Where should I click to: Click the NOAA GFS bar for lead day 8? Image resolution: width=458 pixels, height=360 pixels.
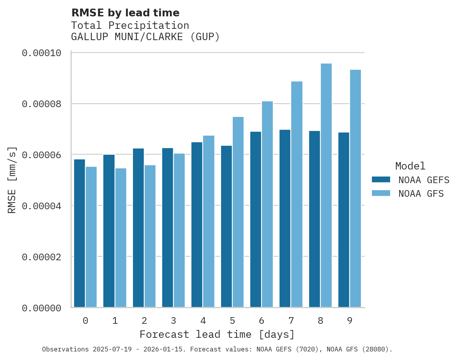pos(326,185)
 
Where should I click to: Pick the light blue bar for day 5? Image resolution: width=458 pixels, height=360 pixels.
pos(238,212)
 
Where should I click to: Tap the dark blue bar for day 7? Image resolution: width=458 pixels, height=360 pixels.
pos(285,218)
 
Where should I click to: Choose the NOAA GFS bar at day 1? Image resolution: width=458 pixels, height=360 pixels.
pos(120,238)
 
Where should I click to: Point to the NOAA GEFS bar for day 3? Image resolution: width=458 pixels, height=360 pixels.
pos(168,228)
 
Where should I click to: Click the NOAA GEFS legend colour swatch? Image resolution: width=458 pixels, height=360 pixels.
pos(381,179)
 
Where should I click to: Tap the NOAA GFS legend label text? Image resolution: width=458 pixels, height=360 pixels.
pos(421,193)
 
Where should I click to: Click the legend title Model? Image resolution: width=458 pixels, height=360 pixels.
pos(410,166)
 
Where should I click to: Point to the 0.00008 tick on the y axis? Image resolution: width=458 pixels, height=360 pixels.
pos(42,104)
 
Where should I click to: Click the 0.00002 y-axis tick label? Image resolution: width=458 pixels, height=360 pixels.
pos(42,257)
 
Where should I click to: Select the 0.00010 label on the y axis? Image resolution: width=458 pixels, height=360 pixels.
pos(42,53)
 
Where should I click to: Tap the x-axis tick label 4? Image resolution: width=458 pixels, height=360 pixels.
pos(203,321)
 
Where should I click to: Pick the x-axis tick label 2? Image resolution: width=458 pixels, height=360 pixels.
pos(144,321)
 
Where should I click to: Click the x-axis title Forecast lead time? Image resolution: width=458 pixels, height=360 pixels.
pos(217,334)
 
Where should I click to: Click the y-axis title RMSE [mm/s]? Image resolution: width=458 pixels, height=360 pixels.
pos(12,180)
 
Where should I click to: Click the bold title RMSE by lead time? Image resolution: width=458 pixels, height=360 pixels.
pos(125,13)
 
